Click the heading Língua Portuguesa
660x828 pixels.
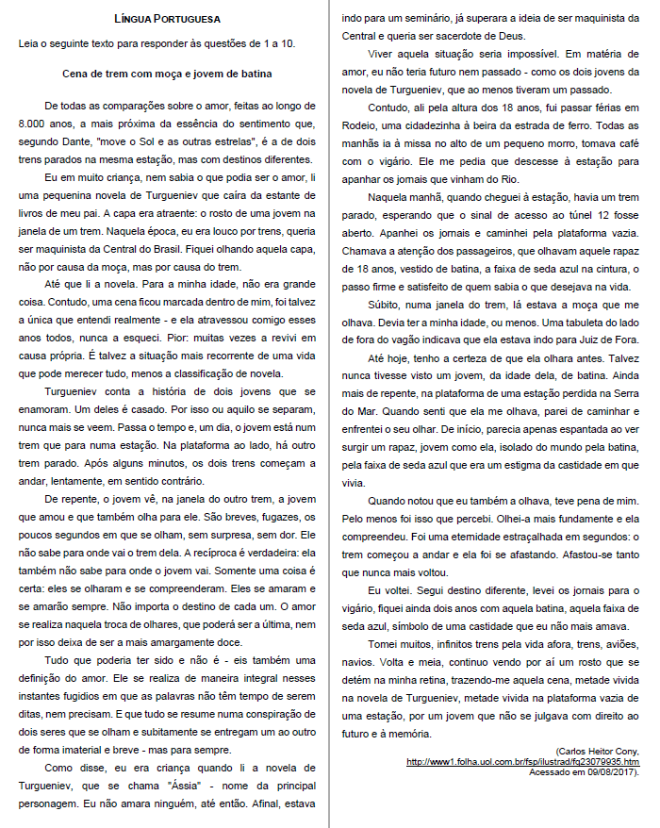[x=167, y=18]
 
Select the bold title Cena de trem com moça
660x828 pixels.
[x=167, y=71]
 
